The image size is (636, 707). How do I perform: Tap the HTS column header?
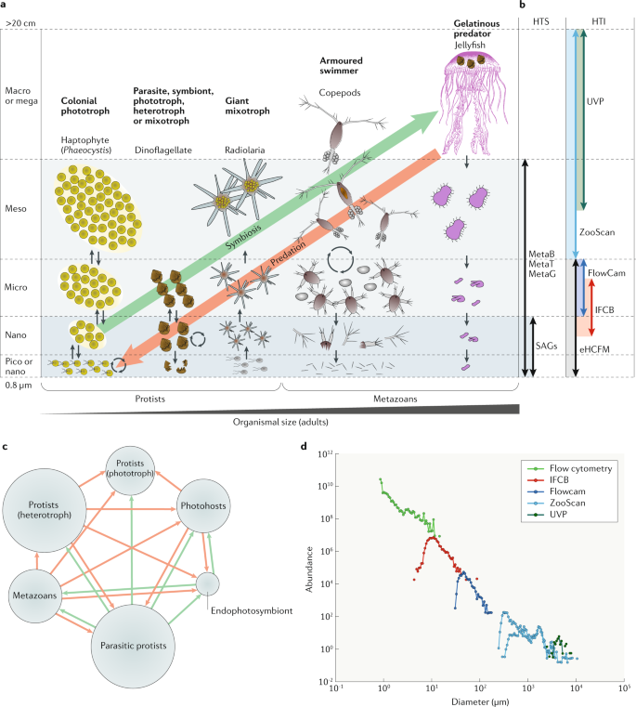coord(540,19)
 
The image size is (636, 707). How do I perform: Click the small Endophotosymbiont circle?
coord(208,583)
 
